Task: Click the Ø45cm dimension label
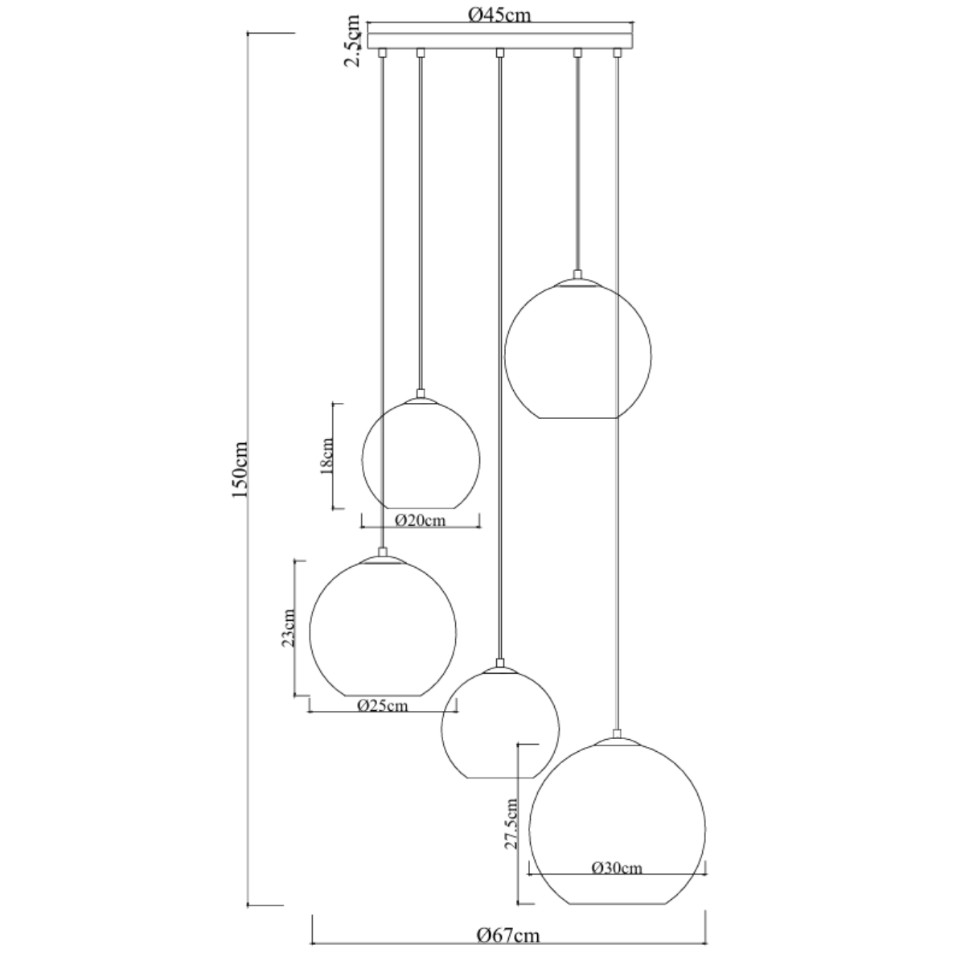(499, 14)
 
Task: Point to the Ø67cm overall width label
(507, 934)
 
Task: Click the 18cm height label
(326, 456)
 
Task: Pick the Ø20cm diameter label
(421, 520)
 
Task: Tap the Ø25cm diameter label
(382, 706)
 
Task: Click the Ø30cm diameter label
(617, 868)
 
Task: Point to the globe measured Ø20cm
(421, 455)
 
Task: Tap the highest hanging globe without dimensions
(577, 351)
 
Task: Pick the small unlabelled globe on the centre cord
(500, 724)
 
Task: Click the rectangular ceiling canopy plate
(500, 39)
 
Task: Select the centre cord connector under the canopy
(500, 53)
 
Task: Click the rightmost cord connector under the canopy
(618, 53)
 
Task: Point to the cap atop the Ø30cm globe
(617, 736)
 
